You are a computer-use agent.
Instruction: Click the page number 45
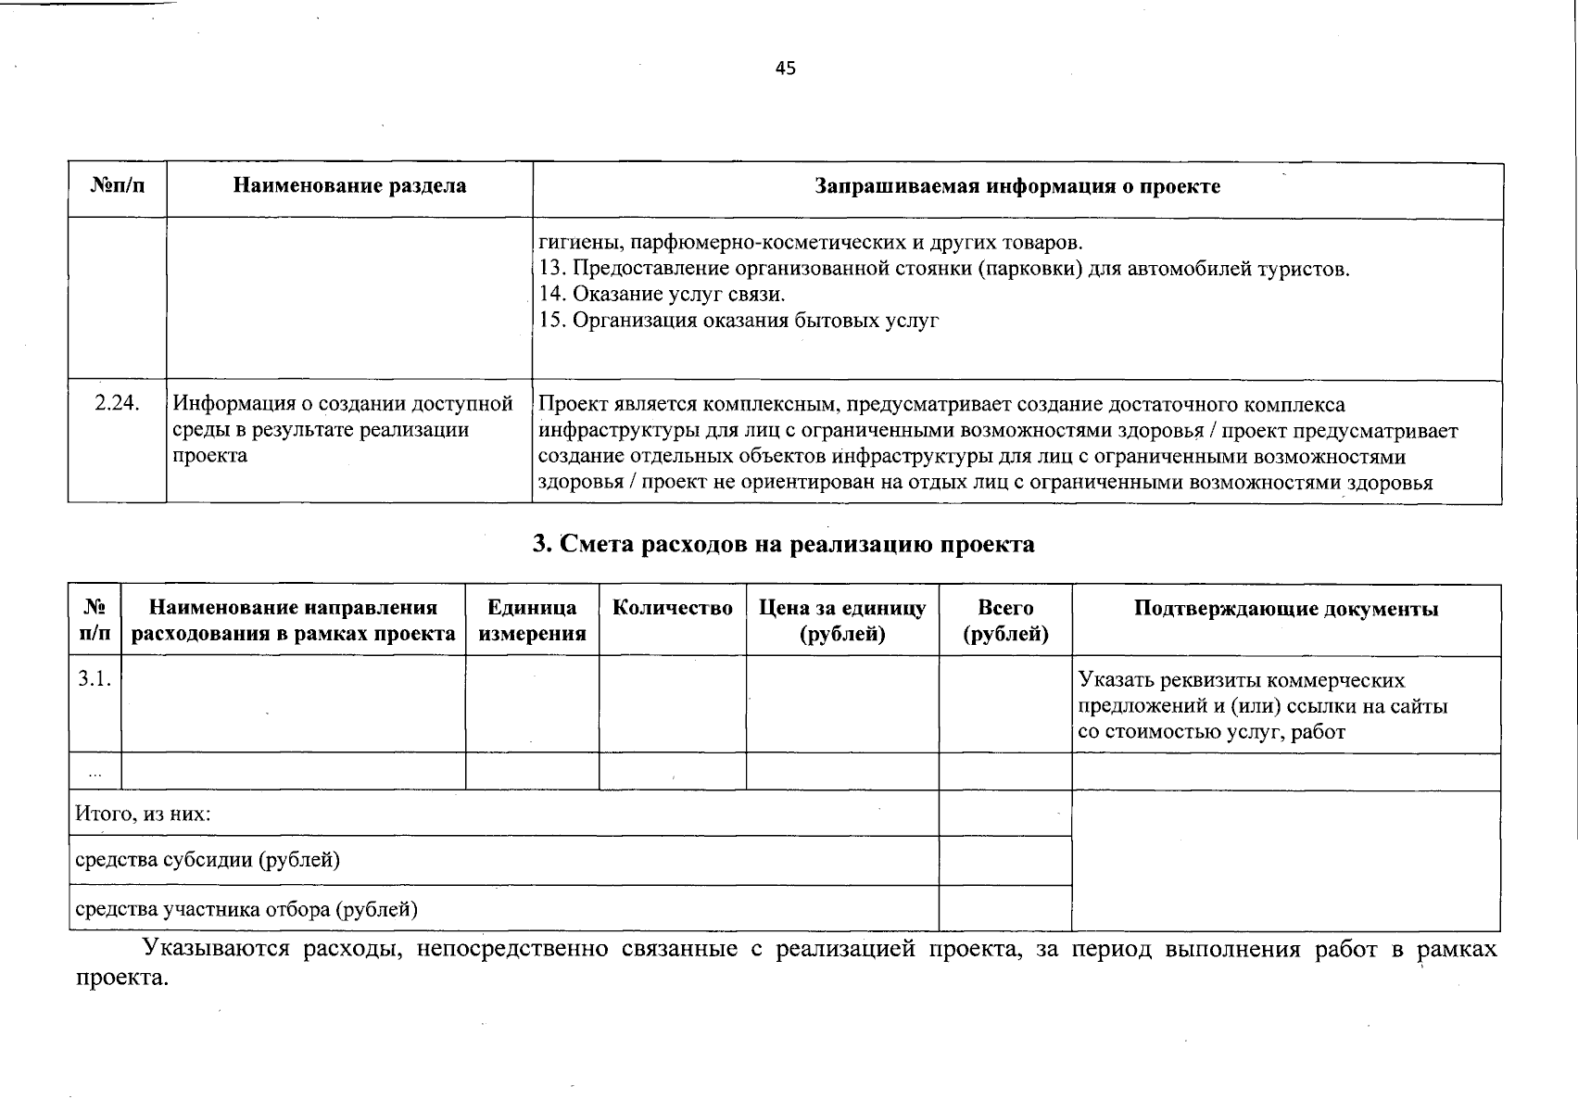(785, 69)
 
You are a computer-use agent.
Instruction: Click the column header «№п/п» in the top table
(118, 186)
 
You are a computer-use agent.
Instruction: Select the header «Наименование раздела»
(349, 186)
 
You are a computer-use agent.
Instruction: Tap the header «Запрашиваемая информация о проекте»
(1016, 186)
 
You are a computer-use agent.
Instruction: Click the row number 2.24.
(117, 404)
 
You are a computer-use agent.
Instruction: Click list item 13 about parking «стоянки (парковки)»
(943, 270)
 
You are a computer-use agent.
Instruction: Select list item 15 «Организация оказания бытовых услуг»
(739, 321)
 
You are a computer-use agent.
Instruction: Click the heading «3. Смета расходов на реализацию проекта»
(784, 544)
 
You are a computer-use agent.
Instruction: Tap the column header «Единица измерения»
(532, 620)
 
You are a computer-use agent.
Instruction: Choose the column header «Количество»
(672, 608)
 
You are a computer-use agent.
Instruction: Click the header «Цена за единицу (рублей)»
(841, 620)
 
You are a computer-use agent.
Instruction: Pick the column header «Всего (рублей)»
(1005, 620)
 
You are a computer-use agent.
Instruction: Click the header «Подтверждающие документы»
(1285, 609)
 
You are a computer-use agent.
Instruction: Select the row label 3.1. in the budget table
(95, 678)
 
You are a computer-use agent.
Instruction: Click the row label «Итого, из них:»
(143, 815)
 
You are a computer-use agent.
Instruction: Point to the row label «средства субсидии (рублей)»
(207, 860)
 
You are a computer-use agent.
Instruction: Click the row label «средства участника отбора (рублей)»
(246, 909)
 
